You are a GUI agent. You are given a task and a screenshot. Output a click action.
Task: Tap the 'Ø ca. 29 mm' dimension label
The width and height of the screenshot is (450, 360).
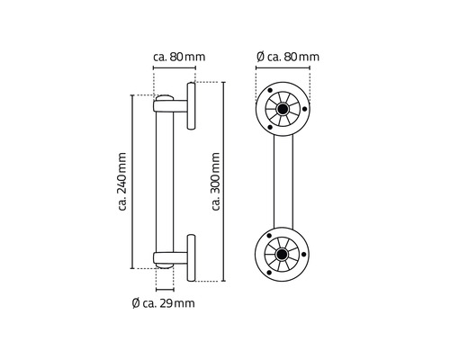pos(163,303)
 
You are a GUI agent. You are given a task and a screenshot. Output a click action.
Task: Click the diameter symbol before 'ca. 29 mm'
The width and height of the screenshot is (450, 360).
pos(135,303)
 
